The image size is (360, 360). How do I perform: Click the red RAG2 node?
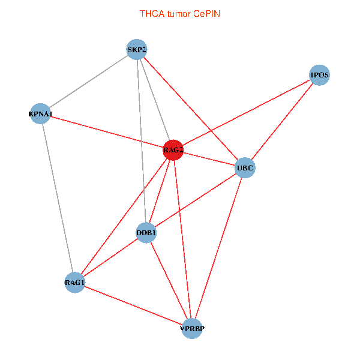click(x=173, y=150)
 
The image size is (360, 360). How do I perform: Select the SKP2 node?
click(x=137, y=50)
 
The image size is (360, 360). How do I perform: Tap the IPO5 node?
click(x=319, y=76)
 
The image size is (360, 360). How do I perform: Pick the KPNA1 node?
click(x=41, y=114)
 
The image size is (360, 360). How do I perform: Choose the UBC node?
click(x=245, y=167)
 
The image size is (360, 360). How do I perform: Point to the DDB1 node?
click(x=146, y=232)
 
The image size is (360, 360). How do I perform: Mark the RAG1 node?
click(x=75, y=283)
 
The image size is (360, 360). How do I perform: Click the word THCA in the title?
click(x=150, y=13)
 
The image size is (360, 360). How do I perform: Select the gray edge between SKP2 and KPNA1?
click(x=89, y=82)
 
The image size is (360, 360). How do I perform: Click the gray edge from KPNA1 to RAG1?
click(x=58, y=198)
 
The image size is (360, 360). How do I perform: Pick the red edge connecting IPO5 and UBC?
click(x=282, y=122)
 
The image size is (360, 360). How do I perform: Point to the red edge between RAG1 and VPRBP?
click(x=133, y=305)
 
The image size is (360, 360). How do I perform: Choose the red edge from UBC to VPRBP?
click(x=218, y=248)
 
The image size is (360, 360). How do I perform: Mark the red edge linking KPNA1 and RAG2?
click(x=107, y=132)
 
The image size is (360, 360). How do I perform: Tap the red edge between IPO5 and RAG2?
click(x=246, y=113)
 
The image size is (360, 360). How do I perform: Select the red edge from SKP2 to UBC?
click(x=191, y=109)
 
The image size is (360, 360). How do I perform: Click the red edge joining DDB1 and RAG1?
click(x=111, y=257)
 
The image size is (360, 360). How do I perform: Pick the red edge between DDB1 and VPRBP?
click(x=169, y=280)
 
